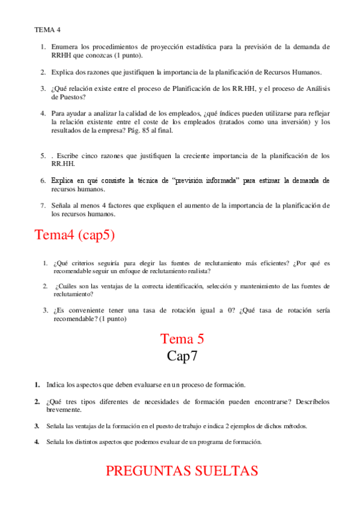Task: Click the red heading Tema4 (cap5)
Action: (x=75, y=235)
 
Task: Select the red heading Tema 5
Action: (x=182, y=339)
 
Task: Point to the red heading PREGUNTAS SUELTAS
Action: (x=182, y=471)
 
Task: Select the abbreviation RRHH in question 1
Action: (x=62, y=55)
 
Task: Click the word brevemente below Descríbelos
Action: (x=66, y=410)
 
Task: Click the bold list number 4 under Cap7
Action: (x=37, y=442)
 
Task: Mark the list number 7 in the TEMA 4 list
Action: (x=43, y=205)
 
